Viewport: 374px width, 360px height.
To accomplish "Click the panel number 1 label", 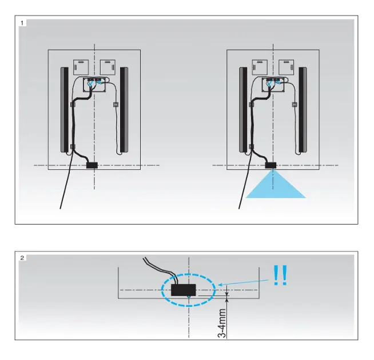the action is click(x=22, y=23).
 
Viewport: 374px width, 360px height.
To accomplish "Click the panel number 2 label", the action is click(x=22, y=258).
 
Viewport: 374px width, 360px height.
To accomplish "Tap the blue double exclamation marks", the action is click(x=280, y=275).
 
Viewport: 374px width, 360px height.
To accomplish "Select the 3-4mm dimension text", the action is click(x=222, y=323).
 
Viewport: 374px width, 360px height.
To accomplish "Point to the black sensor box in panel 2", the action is click(x=184, y=290).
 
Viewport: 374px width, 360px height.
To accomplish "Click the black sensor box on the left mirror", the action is click(x=92, y=165).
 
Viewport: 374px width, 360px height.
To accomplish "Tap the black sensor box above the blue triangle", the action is click(x=270, y=165).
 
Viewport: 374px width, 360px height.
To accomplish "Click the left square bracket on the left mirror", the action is click(x=81, y=67).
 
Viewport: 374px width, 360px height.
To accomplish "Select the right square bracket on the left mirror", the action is click(x=108, y=67).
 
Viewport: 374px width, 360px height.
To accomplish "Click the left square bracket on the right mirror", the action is click(x=260, y=67).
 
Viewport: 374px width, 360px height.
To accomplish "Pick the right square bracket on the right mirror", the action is click(x=287, y=67).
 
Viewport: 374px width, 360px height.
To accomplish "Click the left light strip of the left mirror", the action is click(x=65, y=110).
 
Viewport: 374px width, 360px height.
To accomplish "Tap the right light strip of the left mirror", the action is click(x=124, y=110).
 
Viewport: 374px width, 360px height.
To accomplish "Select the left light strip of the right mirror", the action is click(x=243, y=110).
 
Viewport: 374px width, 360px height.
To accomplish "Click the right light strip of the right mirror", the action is click(x=303, y=110).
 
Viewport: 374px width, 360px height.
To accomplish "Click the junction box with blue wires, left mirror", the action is click(x=94, y=85).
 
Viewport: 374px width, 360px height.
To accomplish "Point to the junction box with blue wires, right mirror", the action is click(x=273, y=85).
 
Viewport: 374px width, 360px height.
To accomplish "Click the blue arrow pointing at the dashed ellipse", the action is click(x=244, y=282).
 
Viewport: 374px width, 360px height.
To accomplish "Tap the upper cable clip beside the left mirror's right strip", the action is click(x=116, y=104).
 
